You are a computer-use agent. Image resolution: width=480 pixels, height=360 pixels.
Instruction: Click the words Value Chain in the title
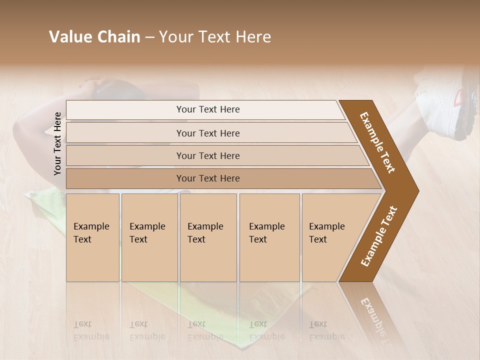tap(94, 37)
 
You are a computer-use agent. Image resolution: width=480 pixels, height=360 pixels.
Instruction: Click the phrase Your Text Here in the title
tap(215, 37)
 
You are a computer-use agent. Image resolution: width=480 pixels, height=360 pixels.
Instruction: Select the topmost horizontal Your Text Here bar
tap(207, 109)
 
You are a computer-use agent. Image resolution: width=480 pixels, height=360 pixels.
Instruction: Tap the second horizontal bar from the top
tap(207, 133)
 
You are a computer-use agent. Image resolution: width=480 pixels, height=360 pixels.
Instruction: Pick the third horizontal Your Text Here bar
tap(207, 155)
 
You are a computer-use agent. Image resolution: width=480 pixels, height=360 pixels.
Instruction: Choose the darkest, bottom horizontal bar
tap(207, 178)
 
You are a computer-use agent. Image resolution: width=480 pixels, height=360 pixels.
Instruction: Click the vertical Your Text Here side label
tap(58, 143)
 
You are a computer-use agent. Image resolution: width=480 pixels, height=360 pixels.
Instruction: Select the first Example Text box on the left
tap(92, 237)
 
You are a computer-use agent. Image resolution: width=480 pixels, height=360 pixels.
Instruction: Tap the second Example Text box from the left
tap(149, 237)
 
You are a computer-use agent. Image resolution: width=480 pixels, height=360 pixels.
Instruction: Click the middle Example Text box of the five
tap(207, 237)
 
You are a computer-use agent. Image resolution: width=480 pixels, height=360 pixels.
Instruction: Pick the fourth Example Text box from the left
tap(269, 237)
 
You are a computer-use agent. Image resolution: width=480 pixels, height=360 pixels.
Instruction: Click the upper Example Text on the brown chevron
tap(377, 142)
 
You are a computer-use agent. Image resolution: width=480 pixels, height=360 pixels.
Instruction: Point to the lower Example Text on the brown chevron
tap(379, 236)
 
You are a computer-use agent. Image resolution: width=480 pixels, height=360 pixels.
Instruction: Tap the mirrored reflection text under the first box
tap(91, 330)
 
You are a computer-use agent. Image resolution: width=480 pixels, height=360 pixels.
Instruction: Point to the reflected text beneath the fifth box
tap(326, 330)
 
